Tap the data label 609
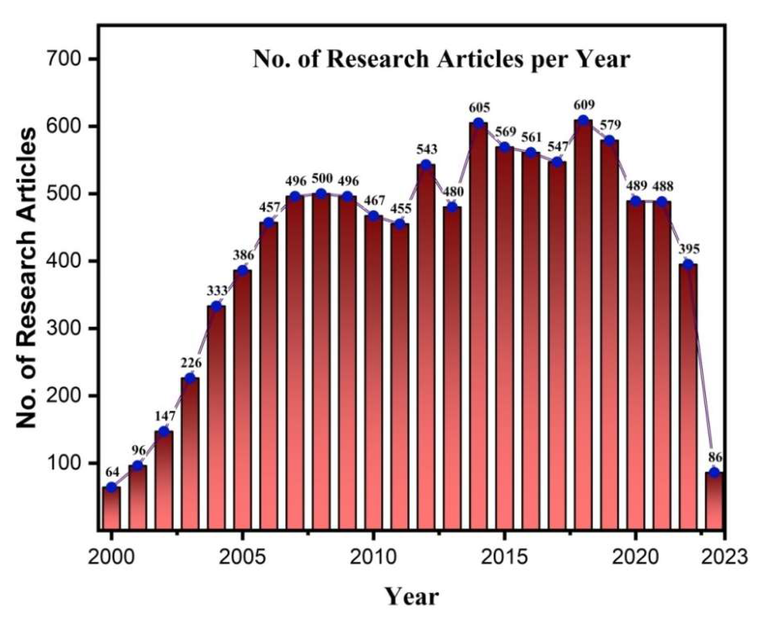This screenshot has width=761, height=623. coord(583,105)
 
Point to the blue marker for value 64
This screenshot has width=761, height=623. coord(112,487)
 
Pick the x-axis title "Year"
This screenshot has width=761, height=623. coord(411,597)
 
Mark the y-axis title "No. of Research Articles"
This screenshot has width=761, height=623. coord(27,278)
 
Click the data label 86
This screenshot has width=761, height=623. coord(714,457)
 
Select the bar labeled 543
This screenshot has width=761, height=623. coord(426,347)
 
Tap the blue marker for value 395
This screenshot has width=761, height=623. coord(688,264)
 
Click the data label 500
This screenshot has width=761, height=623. coord(322,179)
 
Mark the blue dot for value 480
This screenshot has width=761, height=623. coord(452,207)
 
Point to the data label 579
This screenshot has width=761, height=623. coord(610,125)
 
